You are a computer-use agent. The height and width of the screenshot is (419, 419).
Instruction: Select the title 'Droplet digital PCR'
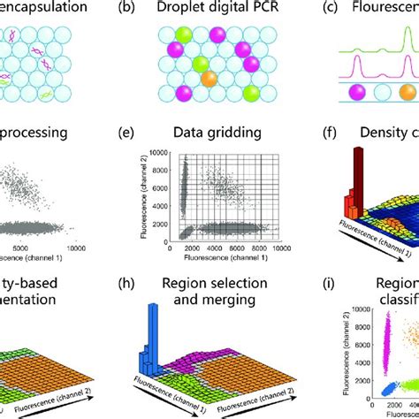(x=219, y=10)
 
